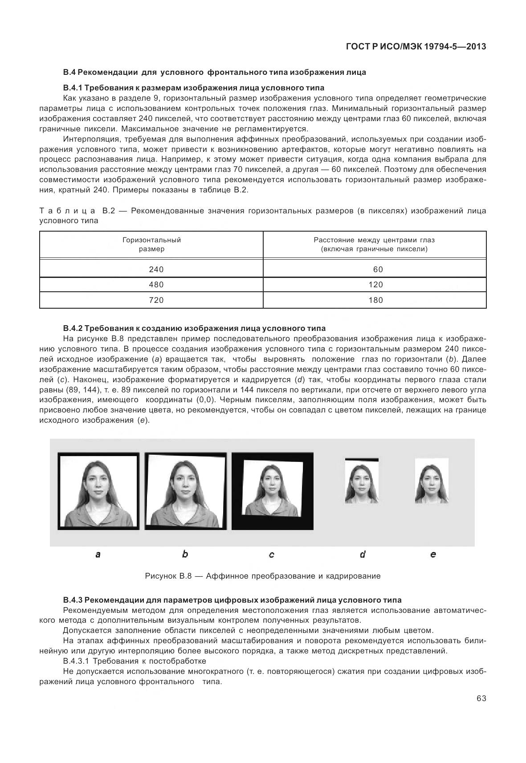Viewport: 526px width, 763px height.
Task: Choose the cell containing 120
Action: pos(375,285)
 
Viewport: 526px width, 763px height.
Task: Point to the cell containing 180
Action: pos(375,300)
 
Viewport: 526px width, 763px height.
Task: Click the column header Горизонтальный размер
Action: pos(151,245)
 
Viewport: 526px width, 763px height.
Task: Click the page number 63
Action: pos(481,698)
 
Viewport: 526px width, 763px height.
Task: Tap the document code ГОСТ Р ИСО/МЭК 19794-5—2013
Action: pos(416,46)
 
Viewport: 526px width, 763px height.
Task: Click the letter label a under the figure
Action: pos(98,555)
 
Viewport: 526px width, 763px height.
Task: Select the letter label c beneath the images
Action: pos(271,555)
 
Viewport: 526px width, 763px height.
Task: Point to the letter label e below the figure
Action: pos(433,555)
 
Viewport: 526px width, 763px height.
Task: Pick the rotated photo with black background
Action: pos(272,491)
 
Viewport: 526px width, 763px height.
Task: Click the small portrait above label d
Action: pos(362,481)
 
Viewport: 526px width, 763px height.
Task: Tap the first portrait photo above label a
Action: pos(98,491)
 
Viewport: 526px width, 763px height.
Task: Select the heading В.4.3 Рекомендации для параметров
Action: pos(232,600)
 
